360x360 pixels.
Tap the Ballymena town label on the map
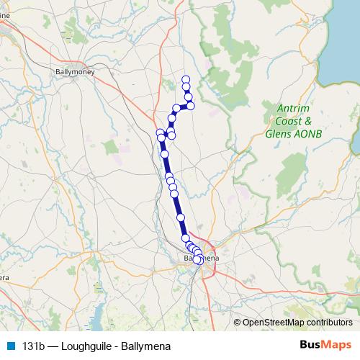pos(198,257)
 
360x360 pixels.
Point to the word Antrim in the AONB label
pos(292,109)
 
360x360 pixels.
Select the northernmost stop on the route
pos(186,79)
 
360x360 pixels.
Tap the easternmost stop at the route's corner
pos(191,105)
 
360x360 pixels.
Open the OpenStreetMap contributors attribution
pos(297,322)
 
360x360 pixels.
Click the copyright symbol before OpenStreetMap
pos(238,322)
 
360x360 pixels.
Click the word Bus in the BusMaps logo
pos(309,344)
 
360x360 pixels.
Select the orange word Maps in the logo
pos(336,344)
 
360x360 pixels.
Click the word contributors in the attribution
pos(330,322)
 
